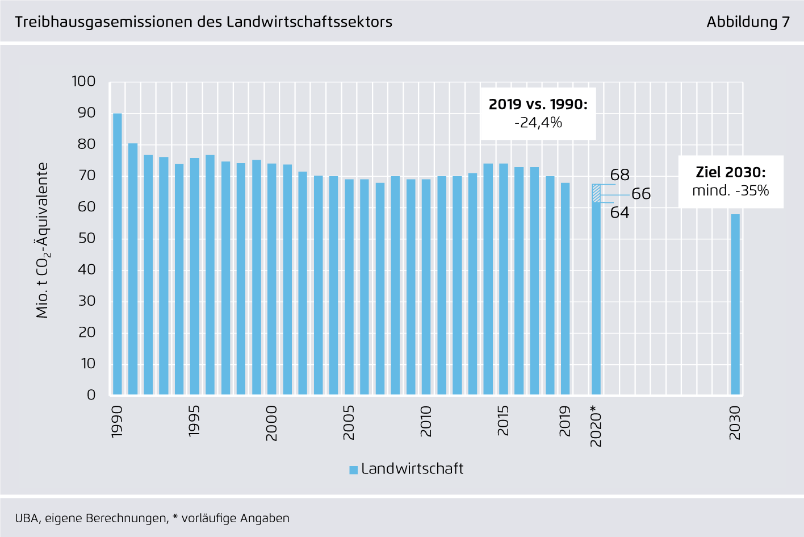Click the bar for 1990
point(118,254)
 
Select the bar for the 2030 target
point(735,304)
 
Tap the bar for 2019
point(565,289)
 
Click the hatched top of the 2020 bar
point(596,193)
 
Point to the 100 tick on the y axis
point(83,81)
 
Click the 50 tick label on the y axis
point(86,238)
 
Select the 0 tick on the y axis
point(91,395)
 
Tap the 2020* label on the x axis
point(596,426)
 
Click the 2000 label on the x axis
point(271,423)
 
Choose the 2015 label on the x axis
point(503,421)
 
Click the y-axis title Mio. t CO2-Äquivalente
point(43,240)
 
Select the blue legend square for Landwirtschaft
point(353,469)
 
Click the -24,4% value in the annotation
point(538,123)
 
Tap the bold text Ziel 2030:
point(730,172)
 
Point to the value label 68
point(619,175)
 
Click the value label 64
point(619,213)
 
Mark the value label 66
point(641,194)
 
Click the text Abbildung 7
point(748,22)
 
